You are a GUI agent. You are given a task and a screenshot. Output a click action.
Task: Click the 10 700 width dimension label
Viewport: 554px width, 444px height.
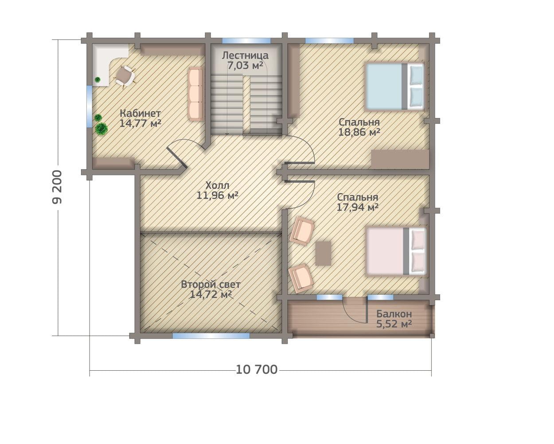point(257,370)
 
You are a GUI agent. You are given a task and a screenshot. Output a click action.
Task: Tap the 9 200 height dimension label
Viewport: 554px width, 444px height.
point(57,187)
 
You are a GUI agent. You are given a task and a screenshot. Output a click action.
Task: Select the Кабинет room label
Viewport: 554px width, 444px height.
point(140,113)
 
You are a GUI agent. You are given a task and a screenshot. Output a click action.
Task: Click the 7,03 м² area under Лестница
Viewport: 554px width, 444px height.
point(245,66)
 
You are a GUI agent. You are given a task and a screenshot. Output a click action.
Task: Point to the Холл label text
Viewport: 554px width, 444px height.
point(217,185)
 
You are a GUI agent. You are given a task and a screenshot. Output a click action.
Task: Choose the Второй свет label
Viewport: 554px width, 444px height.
point(211,284)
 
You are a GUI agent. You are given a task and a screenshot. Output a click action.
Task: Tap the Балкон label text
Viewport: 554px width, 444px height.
point(394,314)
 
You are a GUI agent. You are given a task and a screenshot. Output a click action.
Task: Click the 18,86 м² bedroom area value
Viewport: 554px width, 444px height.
point(359,132)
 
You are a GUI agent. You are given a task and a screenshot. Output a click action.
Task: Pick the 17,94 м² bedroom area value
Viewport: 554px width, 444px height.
point(358,207)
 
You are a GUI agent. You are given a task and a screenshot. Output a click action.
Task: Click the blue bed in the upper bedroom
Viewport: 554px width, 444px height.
point(394,87)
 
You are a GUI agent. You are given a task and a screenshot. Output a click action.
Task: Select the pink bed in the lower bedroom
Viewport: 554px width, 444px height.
point(396,251)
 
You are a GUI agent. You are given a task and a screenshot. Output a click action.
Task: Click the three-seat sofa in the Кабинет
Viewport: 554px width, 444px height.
point(195,94)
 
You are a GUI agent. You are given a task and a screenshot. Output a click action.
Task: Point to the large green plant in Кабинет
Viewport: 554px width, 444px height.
point(101,128)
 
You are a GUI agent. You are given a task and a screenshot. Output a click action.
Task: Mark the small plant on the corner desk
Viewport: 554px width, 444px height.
point(98,79)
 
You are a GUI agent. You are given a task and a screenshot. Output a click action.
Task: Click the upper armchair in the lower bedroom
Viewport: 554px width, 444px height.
point(302,230)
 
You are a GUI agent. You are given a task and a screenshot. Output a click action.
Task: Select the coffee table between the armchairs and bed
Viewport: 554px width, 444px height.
point(324,254)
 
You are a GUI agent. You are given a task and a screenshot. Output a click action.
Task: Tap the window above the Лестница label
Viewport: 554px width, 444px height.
point(246,40)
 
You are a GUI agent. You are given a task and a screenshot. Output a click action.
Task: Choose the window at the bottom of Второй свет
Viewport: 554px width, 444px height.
point(211,336)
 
